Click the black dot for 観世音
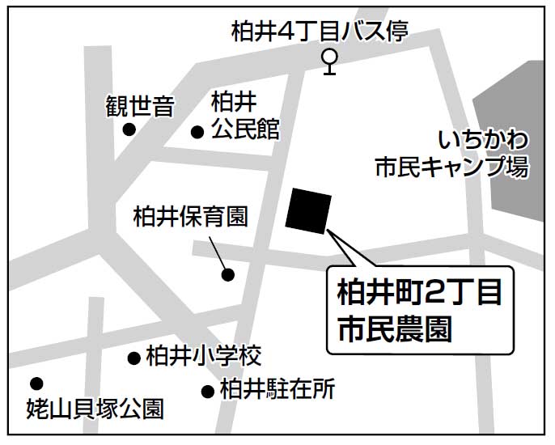(x=129, y=129)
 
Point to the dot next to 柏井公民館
(x=197, y=132)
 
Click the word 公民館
(x=245, y=129)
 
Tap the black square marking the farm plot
(x=308, y=210)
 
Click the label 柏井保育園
(x=189, y=217)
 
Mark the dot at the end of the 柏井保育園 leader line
(x=228, y=274)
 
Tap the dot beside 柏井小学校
(x=133, y=357)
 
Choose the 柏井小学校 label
(x=204, y=356)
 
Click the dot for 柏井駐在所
(x=208, y=391)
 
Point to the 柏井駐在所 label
(x=277, y=390)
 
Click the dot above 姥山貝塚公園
(x=36, y=384)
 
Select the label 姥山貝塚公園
(x=95, y=409)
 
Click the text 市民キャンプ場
(x=451, y=167)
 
